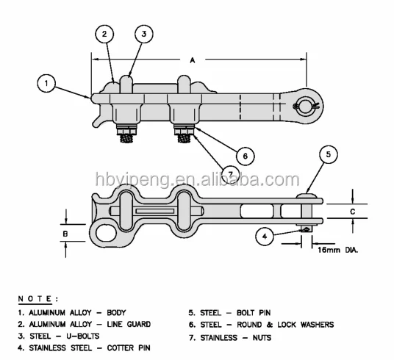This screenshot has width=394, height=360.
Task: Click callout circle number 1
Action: pos(46,84)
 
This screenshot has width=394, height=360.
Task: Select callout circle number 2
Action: pos(105,34)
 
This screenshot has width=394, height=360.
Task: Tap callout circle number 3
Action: pos(144,34)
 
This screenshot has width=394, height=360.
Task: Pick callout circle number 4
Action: pos(265,236)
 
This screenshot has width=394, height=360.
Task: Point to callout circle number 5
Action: pos(329,156)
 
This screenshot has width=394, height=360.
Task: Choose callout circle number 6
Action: pos(244,155)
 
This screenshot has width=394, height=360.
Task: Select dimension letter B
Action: pos(65,235)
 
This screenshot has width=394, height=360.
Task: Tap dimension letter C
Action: pos(352,212)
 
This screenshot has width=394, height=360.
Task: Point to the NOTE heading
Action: pos(37,300)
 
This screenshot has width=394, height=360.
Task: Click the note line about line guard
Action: pos(85,324)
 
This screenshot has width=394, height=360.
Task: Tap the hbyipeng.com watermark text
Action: pos(197,179)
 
